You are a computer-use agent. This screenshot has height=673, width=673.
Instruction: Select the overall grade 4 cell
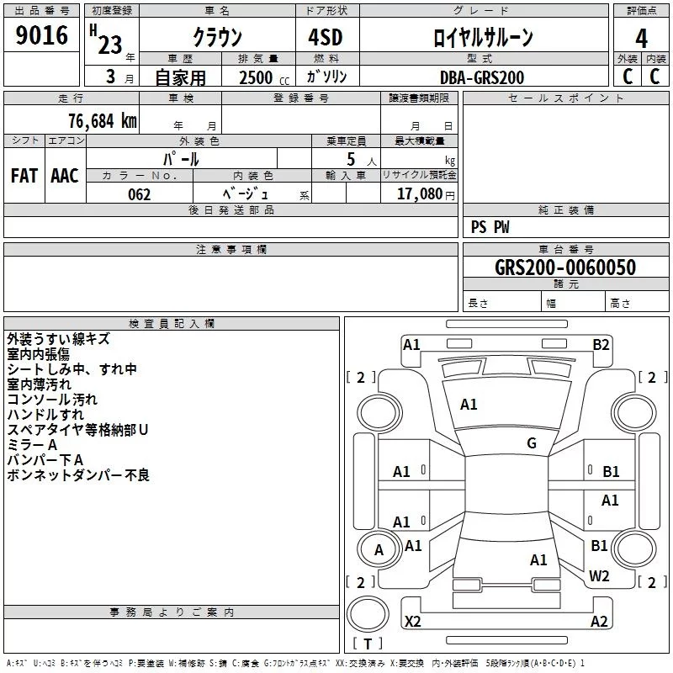641,38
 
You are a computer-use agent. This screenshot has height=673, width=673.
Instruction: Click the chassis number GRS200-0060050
564,268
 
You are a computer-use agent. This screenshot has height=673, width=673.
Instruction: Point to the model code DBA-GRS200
482,77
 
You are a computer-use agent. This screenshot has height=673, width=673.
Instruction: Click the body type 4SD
325,38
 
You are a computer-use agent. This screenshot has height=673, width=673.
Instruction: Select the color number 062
139,194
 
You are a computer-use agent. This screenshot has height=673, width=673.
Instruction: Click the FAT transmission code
24,176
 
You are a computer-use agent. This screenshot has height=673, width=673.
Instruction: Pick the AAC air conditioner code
65,176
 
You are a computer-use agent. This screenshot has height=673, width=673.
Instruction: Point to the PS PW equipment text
490,227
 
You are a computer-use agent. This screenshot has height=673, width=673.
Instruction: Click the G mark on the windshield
532,443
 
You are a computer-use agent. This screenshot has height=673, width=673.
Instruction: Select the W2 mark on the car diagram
599,575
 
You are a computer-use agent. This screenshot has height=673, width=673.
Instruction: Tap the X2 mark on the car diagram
413,622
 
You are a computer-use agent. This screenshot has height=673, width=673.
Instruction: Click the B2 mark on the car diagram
601,344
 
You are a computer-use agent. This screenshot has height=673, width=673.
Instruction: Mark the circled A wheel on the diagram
379,550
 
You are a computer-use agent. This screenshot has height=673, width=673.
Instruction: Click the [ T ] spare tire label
367,644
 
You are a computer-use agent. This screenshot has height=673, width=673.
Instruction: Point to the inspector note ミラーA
32,445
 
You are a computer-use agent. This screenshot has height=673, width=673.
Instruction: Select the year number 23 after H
109,45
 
